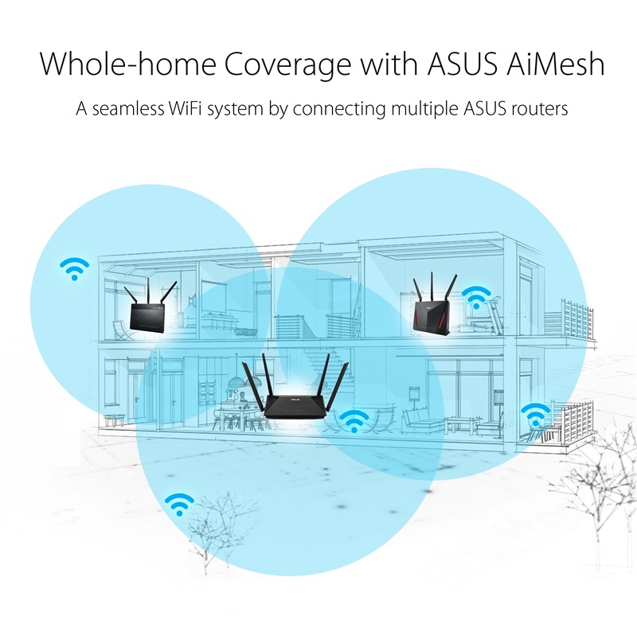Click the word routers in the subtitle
click(x=538, y=108)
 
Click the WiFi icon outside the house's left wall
click(x=74, y=268)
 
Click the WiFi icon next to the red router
click(x=476, y=297)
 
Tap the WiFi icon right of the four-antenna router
click(x=354, y=420)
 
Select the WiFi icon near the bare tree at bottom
click(x=179, y=503)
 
